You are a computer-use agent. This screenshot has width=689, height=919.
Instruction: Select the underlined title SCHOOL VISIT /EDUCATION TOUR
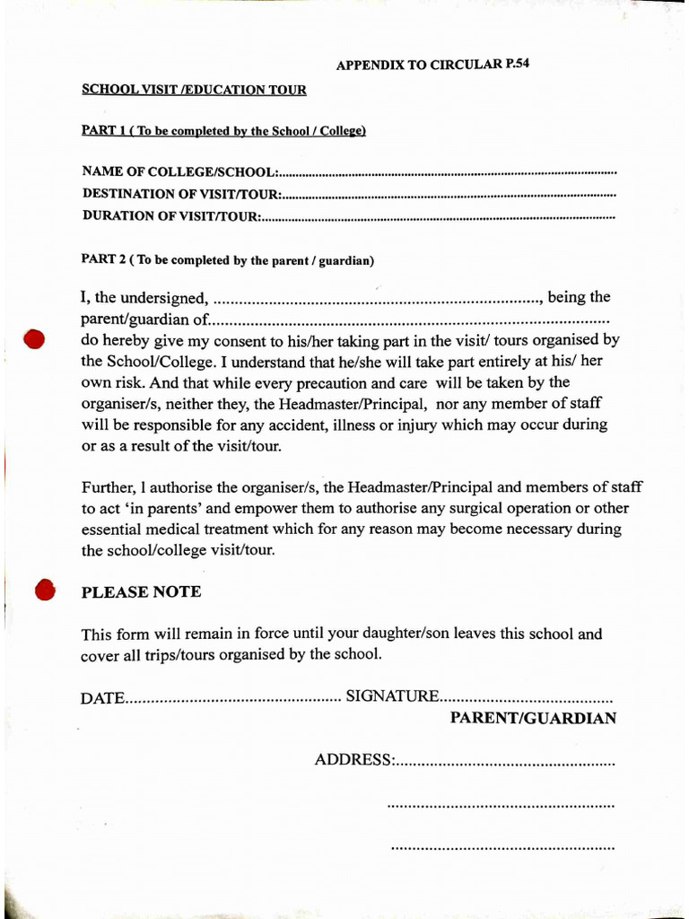click(x=194, y=90)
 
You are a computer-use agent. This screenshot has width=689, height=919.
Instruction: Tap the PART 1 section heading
click(x=223, y=131)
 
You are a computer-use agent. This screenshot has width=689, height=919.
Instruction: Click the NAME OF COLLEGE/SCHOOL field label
click(x=179, y=171)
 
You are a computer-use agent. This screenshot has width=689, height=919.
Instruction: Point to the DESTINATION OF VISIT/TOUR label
click(x=182, y=194)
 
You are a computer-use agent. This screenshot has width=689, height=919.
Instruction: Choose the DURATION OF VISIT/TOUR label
click(x=171, y=216)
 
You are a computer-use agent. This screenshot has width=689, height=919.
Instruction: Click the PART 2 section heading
click(x=228, y=261)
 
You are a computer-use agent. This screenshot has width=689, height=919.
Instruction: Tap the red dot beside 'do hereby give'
click(x=34, y=340)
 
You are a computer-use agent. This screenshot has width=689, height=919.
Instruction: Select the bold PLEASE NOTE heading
click(x=141, y=592)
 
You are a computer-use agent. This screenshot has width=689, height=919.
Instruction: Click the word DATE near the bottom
click(x=101, y=697)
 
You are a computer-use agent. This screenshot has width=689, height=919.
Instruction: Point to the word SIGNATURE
click(x=392, y=696)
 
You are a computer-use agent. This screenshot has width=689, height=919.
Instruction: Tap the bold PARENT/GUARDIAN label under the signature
click(x=533, y=718)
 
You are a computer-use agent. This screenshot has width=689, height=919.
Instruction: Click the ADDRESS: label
click(x=353, y=760)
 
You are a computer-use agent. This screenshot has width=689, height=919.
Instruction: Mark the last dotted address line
click(x=503, y=846)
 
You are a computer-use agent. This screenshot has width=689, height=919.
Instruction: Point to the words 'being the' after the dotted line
click(x=579, y=297)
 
